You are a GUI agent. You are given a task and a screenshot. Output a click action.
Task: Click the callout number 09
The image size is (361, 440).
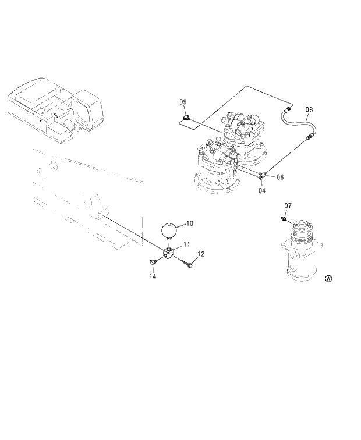point(183,102)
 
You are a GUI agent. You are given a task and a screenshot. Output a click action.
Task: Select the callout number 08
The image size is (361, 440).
point(309,109)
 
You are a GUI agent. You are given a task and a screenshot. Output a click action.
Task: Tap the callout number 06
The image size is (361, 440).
point(280,177)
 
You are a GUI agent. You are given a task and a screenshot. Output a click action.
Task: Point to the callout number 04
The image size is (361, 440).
point(262,190)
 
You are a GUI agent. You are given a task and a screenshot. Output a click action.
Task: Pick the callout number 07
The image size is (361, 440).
point(288,206)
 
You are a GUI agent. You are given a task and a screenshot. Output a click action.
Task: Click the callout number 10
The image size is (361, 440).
point(189,223)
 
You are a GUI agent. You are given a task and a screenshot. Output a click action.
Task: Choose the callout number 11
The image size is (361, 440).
point(186,243)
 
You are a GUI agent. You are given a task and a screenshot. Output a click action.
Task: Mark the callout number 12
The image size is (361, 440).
point(201,254)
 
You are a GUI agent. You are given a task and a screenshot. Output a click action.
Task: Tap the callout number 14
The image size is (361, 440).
point(153,276)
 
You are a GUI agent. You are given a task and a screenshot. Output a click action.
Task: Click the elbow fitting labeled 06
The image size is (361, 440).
point(264,173)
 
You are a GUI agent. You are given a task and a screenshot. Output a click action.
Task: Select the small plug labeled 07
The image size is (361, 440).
point(283,219)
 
